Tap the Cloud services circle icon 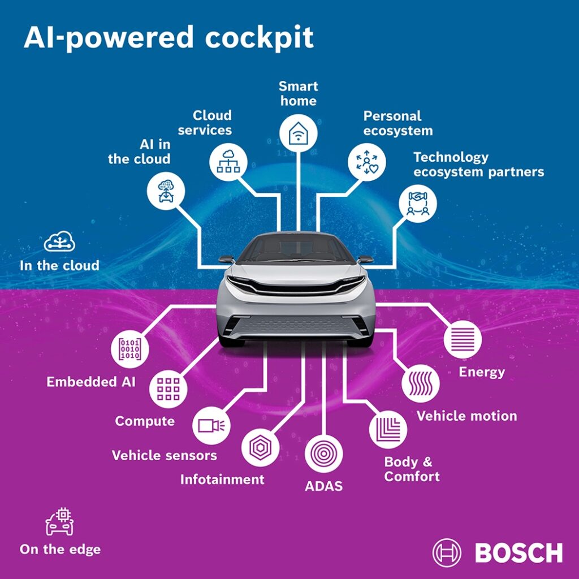click(x=228, y=162)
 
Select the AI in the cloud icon click(x=166, y=191)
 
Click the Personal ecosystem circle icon click(x=366, y=162)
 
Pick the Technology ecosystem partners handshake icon click(x=418, y=204)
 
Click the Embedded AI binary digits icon click(x=130, y=349)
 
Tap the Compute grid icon click(x=168, y=389)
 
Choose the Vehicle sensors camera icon click(x=211, y=426)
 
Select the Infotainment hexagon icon click(x=260, y=448)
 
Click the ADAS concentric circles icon click(x=323, y=454)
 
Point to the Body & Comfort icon click(x=388, y=430)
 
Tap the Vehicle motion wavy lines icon click(x=421, y=383)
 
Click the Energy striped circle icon click(x=463, y=339)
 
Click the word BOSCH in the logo click(x=519, y=553)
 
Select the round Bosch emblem click(x=447, y=553)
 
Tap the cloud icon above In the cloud click(x=59, y=241)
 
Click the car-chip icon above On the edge click(x=59, y=521)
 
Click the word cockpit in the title click(x=259, y=38)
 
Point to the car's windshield click(x=295, y=249)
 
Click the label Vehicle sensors click(x=165, y=455)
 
